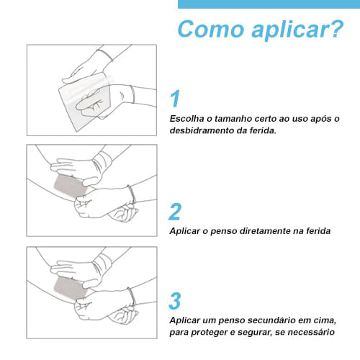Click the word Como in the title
tap(211, 29)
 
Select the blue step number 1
tap(175, 99)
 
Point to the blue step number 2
tap(175, 211)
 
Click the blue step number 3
tap(175, 300)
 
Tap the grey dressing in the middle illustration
tap(71, 186)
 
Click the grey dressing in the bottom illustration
tap(71, 287)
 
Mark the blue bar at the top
tap(269, 4)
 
